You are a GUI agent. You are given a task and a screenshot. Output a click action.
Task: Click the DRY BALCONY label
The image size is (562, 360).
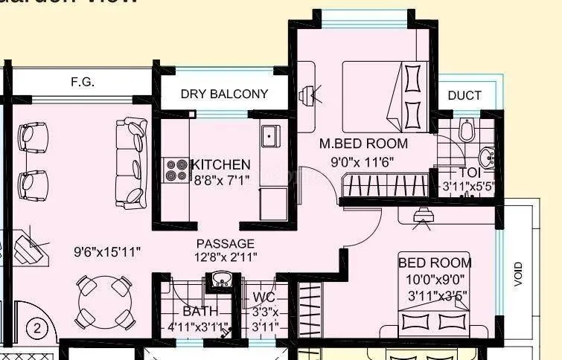[x=224, y=94]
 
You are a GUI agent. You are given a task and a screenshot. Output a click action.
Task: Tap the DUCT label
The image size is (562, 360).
[x=464, y=95]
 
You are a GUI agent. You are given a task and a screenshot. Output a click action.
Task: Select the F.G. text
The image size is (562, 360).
[x=82, y=83]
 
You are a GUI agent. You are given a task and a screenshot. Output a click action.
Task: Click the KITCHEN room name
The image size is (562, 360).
[x=221, y=164]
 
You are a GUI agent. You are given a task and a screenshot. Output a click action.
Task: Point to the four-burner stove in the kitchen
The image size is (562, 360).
[x=177, y=170]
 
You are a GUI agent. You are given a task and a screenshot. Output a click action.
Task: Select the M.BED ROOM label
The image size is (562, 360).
[x=363, y=143]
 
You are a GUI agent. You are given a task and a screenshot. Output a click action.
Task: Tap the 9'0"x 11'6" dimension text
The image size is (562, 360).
[x=362, y=161]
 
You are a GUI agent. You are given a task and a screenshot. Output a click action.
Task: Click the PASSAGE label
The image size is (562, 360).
[x=225, y=243]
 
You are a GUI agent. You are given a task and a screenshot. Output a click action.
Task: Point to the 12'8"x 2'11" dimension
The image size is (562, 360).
[x=225, y=257]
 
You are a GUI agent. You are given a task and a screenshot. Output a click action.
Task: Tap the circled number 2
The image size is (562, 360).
[x=37, y=327]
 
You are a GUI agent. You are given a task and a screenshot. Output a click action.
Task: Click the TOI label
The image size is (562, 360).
[x=468, y=172]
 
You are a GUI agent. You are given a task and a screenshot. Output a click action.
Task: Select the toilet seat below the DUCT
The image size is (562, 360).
[x=466, y=131]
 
